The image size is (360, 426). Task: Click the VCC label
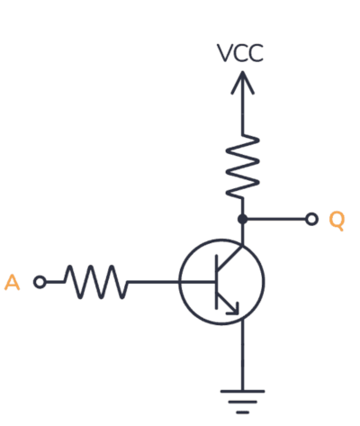(240, 53)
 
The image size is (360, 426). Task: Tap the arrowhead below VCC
(242, 82)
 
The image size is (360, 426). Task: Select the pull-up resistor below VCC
(242, 166)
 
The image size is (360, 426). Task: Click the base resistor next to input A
(96, 282)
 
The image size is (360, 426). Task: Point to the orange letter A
(12, 283)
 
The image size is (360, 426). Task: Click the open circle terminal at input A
(40, 282)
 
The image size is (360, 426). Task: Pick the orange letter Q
(337, 221)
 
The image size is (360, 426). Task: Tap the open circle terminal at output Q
(311, 219)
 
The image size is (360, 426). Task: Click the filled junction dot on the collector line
(242, 219)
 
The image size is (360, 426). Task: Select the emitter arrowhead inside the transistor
(233, 309)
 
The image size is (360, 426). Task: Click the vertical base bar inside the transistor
(217, 282)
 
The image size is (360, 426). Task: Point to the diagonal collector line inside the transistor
(229, 258)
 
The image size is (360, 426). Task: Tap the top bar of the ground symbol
(242, 391)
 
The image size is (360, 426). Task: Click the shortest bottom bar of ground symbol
(242, 412)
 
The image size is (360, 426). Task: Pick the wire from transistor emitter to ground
(242, 355)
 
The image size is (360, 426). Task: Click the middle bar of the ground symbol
(242, 402)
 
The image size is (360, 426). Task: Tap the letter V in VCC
(224, 53)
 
